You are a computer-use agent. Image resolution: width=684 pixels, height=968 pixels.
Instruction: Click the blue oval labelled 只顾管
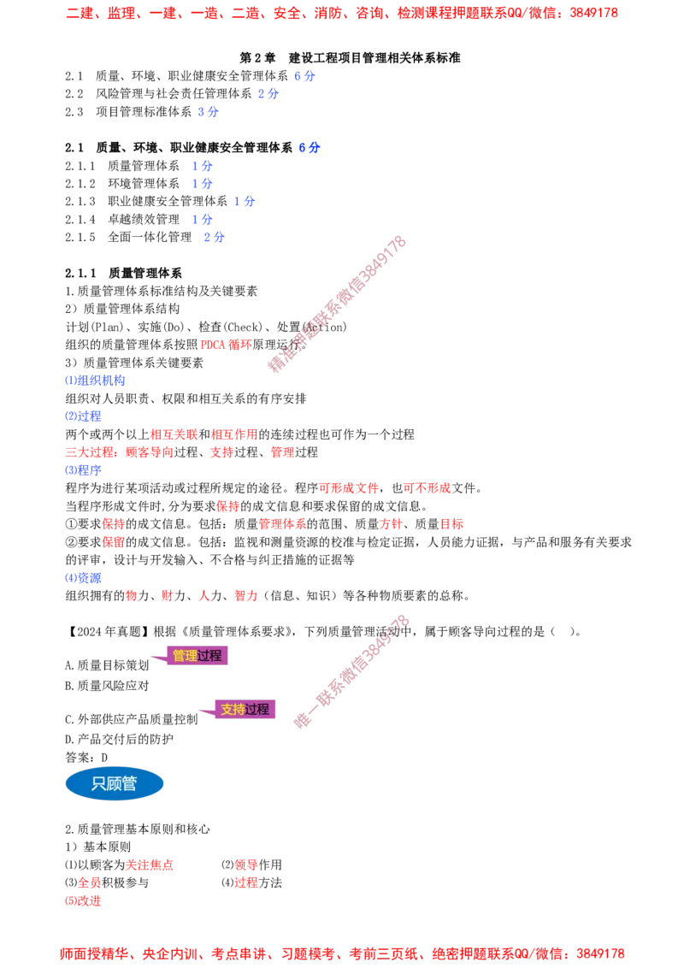115,783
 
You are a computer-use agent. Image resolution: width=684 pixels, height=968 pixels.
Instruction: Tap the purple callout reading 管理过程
197,656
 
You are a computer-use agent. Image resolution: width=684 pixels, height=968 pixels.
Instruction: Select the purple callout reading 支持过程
245,710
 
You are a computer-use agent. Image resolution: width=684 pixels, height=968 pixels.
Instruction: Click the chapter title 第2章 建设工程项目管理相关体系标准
350,58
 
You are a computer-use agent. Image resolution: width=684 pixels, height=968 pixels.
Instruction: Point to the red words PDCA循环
226,345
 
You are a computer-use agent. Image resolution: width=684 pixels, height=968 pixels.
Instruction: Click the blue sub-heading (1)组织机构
95,381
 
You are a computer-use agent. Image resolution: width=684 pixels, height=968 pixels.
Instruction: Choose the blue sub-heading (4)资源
83,578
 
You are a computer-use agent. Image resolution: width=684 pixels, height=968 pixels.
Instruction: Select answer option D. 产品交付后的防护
119,739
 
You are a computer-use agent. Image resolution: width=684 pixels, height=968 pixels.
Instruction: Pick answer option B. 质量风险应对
107,685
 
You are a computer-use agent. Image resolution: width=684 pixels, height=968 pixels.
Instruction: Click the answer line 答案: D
86,758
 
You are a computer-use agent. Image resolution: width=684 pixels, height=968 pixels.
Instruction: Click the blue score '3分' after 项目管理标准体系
208,112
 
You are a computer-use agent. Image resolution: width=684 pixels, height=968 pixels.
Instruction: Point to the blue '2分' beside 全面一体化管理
215,237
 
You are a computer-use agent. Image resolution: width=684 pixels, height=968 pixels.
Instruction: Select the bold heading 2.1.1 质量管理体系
123,273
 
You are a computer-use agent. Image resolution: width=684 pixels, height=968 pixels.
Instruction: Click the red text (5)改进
83,900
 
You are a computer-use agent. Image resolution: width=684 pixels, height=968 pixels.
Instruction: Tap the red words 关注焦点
150,865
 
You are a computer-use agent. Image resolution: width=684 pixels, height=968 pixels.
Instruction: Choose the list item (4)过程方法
251,882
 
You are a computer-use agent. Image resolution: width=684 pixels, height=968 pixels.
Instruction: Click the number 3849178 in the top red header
594,12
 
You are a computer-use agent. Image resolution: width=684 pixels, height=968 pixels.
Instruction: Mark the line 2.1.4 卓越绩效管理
122,219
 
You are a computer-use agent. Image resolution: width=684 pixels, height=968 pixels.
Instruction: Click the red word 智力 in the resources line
245,596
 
